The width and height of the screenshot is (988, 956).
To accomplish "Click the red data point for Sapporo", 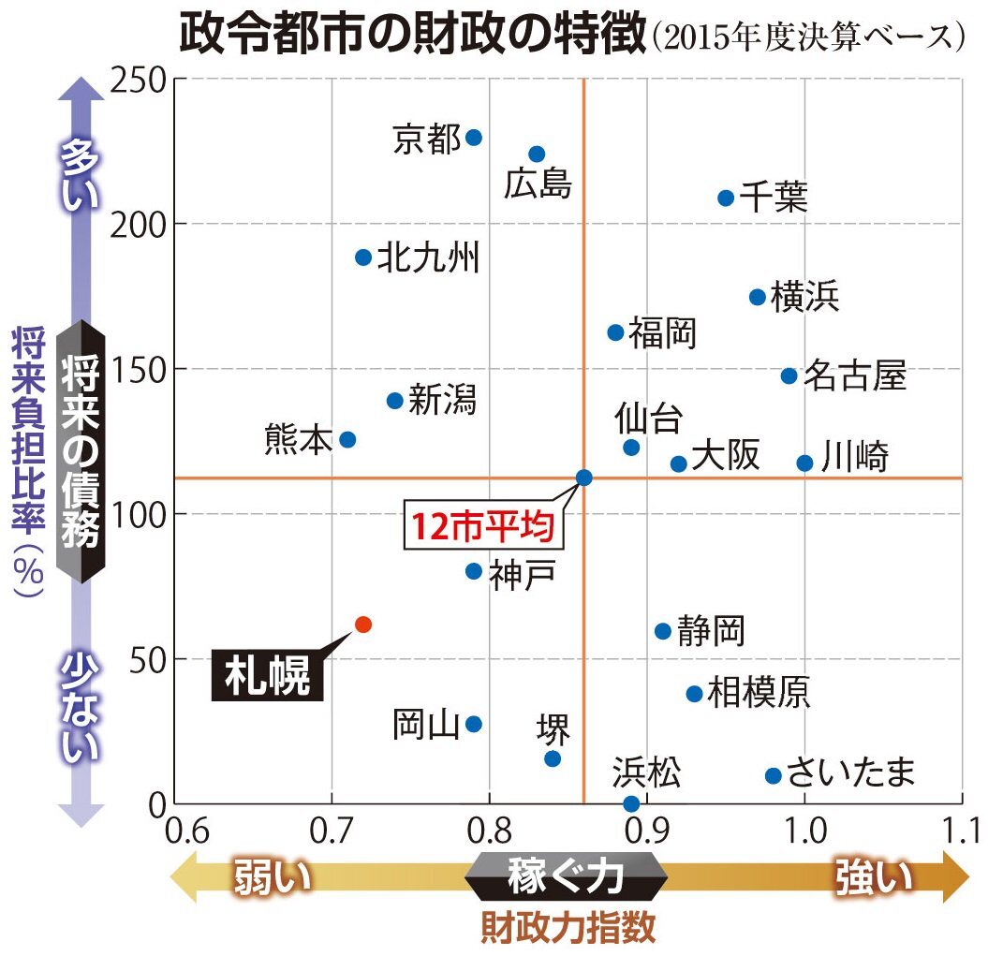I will (x=363, y=624).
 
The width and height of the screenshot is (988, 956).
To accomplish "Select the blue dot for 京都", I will (x=474, y=138).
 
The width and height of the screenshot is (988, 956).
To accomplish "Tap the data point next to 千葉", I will (x=726, y=198).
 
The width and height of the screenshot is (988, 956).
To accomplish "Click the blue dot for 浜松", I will (x=631, y=803).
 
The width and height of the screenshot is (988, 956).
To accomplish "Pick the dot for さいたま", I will (x=774, y=775).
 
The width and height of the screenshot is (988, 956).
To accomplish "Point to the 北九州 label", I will (x=428, y=257).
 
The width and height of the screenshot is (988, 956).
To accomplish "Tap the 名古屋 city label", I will (x=854, y=375).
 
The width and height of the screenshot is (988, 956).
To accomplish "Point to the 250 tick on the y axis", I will (x=139, y=80).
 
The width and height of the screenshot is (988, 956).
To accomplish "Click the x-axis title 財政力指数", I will (x=568, y=928).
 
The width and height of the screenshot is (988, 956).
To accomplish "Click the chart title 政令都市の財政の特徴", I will (x=412, y=34).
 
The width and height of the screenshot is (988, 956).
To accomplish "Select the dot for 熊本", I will (x=347, y=439).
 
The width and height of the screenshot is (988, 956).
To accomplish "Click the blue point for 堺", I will (x=553, y=758).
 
